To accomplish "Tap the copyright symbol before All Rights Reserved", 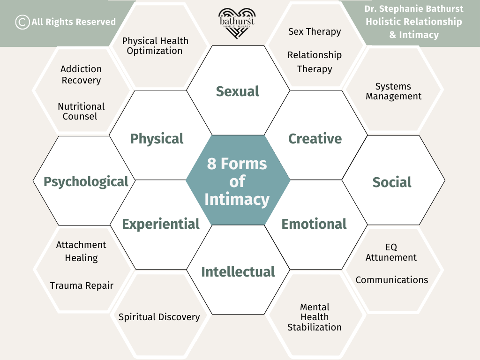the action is point(22,22).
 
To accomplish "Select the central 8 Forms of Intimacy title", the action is point(237,181).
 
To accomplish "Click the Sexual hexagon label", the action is point(238,91).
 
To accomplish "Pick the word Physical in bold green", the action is point(157,139).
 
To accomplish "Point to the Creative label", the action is point(315,139).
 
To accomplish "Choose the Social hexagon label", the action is point(392,182).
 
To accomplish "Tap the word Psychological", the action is point(86,182).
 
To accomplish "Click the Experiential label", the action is point(161,224).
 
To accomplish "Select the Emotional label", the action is point(314,224).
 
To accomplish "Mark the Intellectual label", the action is point(238,272).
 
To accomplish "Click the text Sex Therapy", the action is point(315,31).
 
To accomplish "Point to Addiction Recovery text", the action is point(81,75).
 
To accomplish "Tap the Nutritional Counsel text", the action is point(81,112).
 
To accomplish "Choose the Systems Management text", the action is point(393,91).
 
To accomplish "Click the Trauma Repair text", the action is point(82,285).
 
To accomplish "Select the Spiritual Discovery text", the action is point(159,317).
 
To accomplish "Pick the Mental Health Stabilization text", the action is point(315,317).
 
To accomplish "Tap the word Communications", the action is point(392,280).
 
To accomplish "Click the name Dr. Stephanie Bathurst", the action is point(414,9).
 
